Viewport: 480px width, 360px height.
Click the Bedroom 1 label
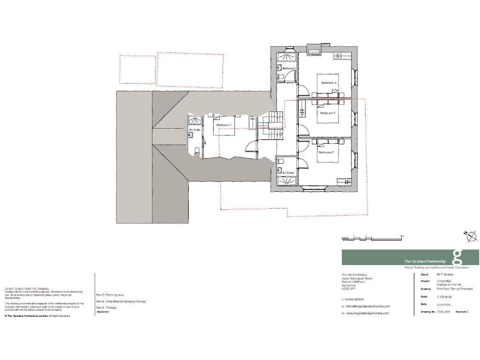[224, 125]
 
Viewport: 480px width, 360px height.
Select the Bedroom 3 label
[328, 114]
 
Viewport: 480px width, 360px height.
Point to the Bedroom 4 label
[329, 83]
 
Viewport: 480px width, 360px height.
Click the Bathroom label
[288, 67]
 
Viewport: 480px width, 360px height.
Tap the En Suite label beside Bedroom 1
[195, 130]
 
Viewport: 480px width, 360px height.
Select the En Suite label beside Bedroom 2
[288, 172]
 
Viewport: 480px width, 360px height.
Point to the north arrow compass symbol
[470, 236]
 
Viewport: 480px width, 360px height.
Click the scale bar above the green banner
[371, 237]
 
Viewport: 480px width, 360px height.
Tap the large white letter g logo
[457, 257]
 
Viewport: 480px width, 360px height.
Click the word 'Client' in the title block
[424, 274]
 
